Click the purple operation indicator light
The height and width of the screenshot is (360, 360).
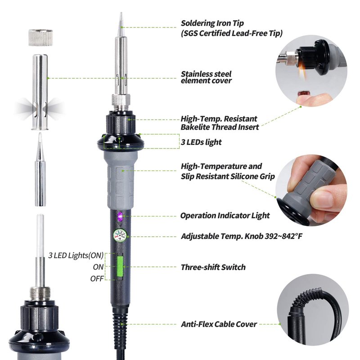click(120, 216)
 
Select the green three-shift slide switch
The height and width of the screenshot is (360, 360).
click(120, 266)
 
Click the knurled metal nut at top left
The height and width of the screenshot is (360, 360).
click(40, 38)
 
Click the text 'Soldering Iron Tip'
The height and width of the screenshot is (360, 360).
click(212, 23)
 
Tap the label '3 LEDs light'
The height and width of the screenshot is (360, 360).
click(201, 142)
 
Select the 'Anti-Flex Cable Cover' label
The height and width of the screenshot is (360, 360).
click(219, 324)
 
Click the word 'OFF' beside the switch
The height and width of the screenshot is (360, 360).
click(97, 279)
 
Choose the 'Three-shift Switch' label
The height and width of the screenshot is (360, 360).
click(213, 267)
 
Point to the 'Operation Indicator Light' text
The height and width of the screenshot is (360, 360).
click(225, 216)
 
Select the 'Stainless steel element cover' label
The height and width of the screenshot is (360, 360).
click(206, 77)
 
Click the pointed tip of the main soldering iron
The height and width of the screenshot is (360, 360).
click(121, 13)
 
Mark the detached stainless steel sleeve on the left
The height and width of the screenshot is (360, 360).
click(40, 92)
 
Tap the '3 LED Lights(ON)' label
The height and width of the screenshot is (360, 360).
click(76, 255)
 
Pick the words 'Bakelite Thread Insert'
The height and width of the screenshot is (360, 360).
click(220, 127)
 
